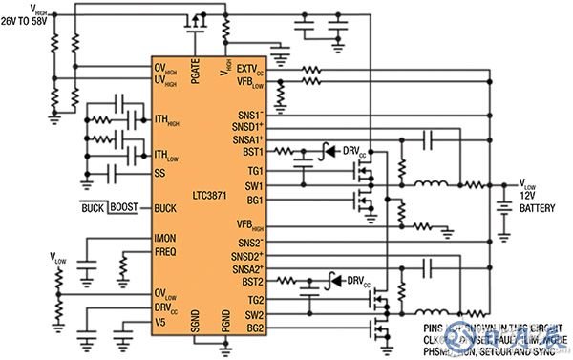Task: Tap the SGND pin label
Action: click(196, 327)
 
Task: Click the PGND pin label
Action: click(226, 327)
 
